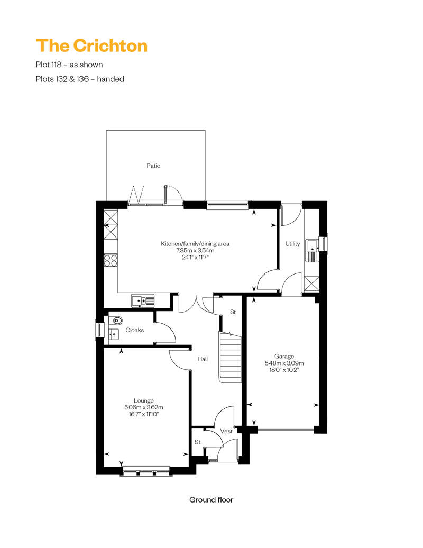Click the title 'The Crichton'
point(91,45)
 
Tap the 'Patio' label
point(153,166)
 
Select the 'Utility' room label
point(292,244)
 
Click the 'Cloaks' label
point(134,330)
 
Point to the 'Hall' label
point(203,359)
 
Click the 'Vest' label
point(226,431)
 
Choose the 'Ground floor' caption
point(212,500)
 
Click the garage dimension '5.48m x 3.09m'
point(284,363)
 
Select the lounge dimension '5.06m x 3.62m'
point(144,407)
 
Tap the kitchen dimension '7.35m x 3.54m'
point(195,251)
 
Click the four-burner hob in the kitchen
point(111,260)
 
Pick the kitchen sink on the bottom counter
point(143,300)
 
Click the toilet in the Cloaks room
point(116,320)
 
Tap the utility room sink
point(312,251)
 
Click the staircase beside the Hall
point(230,357)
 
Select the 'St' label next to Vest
point(197,442)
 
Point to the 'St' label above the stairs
point(233,312)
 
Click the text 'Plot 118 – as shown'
point(69,65)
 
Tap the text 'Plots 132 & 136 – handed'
point(80,79)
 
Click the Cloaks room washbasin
point(114,334)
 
